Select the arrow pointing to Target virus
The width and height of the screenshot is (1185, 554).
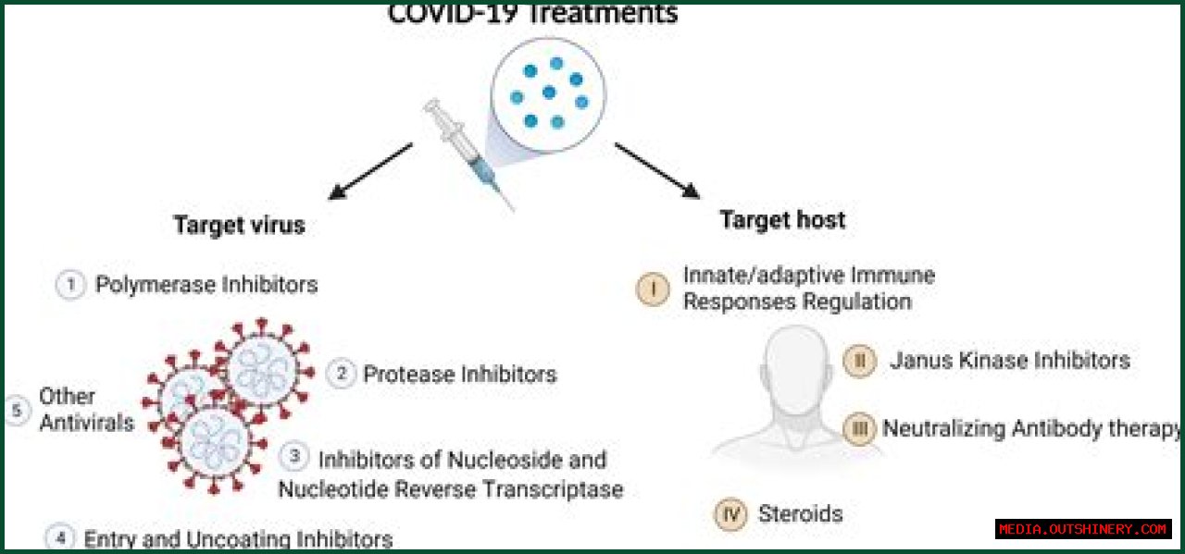point(370,170)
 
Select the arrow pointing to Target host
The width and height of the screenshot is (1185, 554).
point(656,170)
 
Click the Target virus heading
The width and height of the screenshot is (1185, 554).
point(239,225)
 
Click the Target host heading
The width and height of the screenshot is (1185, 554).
point(782,220)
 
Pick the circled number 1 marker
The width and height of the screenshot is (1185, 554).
point(70,285)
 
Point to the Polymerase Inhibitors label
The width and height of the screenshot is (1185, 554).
point(206,285)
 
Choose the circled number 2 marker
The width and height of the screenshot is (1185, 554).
point(342,374)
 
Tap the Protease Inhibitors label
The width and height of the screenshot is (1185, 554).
point(459,375)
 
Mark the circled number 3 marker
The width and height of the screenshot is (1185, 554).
point(294,456)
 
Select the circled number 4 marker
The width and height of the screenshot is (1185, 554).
point(60,537)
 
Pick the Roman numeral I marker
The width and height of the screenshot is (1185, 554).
point(653,289)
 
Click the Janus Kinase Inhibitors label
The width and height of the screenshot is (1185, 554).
point(1010,361)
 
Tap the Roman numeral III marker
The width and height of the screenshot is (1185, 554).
point(859,429)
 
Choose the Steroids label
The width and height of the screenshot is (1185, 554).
point(800,514)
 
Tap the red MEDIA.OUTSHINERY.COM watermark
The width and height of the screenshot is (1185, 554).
point(1083,529)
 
